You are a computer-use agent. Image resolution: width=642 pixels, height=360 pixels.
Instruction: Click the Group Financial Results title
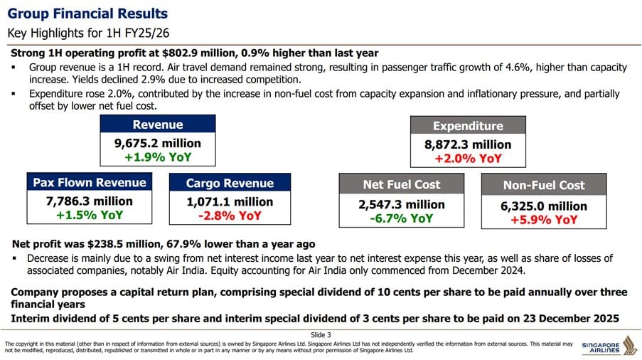tap(87, 14)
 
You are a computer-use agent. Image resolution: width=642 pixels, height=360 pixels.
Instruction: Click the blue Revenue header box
tap(158, 125)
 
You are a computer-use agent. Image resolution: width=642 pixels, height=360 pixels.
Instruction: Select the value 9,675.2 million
tap(158, 143)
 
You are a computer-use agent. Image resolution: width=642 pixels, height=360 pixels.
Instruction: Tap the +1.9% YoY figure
tap(158, 157)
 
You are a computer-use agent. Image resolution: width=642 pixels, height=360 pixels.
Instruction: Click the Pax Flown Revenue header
tap(90, 183)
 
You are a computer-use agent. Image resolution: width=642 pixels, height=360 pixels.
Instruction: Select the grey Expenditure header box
tap(468, 126)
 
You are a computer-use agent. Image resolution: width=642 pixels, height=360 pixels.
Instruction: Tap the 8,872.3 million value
tap(468, 145)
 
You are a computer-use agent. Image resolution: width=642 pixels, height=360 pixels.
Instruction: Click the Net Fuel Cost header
tap(402, 184)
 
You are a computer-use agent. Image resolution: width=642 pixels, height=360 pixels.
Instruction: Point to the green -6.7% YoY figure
tap(402, 218)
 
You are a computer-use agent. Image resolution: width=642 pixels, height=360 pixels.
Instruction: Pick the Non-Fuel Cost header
tap(544, 185)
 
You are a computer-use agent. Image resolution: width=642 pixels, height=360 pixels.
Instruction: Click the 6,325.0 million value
tap(544, 206)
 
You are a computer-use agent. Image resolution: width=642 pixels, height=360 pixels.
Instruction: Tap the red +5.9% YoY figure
tap(544, 221)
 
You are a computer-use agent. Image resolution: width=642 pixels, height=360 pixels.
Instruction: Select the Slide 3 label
tap(321, 334)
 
